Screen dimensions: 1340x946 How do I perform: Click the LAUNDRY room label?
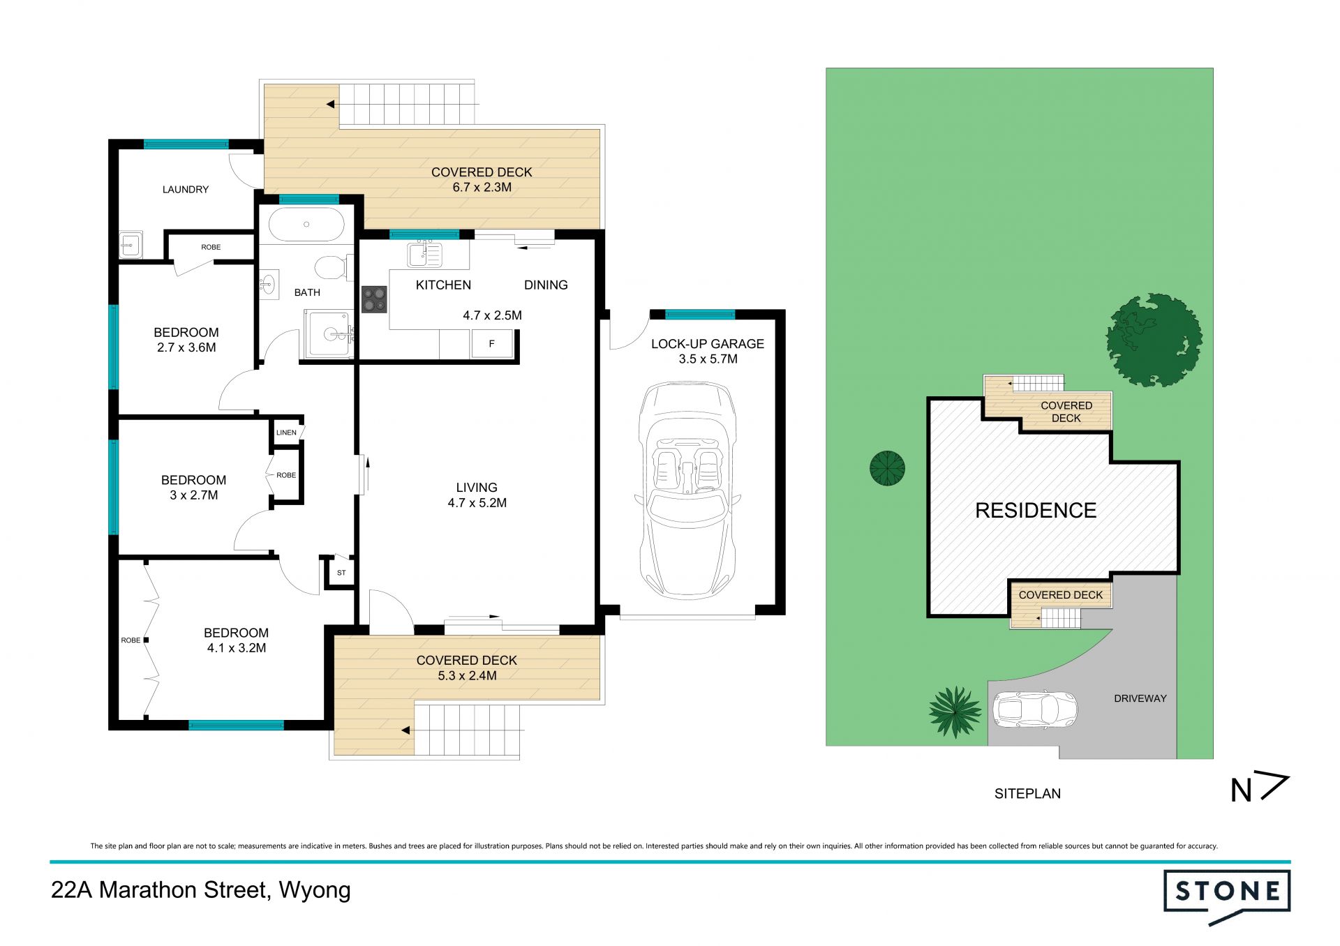point(186,189)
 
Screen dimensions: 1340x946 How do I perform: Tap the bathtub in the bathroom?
point(306,225)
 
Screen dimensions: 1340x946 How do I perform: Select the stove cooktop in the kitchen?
point(374,299)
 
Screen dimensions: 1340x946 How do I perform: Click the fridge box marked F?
point(492,344)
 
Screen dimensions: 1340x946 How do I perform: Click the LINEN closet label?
point(286,433)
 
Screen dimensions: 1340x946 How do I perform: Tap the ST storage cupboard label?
point(341,573)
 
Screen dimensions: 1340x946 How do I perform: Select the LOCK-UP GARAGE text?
point(708,344)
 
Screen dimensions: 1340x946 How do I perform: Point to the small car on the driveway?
point(1034,711)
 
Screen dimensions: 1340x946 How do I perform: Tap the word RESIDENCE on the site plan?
point(1036,511)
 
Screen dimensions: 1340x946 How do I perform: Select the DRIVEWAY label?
point(1140,698)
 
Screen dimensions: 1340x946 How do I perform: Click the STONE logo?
point(1227,896)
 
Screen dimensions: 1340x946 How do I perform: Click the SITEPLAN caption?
point(1027,793)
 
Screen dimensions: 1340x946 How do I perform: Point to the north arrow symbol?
point(1260,789)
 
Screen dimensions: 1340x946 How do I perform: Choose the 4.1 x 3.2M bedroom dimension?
point(236,648)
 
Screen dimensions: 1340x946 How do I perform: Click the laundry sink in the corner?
point(131,245)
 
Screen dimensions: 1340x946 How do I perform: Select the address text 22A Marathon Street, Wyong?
point(201,891)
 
